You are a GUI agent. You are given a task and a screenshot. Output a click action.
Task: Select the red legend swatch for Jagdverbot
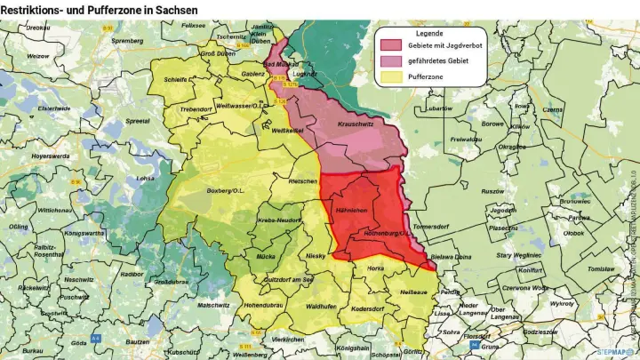point(391,44)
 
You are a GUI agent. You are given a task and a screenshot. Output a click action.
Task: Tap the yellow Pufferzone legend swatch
point(391,77)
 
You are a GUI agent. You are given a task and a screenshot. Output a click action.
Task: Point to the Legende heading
point(429,33)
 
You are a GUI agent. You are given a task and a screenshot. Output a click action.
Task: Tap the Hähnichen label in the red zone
point(353,210)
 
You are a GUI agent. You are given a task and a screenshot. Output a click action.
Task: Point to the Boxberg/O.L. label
point(225,190)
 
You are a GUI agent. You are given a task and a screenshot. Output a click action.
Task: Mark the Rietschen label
point(303,181)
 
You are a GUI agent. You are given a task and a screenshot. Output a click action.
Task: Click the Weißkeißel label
point(287,132)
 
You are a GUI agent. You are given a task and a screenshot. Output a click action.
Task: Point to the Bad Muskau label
point(282,64)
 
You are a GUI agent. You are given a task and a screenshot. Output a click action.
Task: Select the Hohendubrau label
point(262,305)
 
